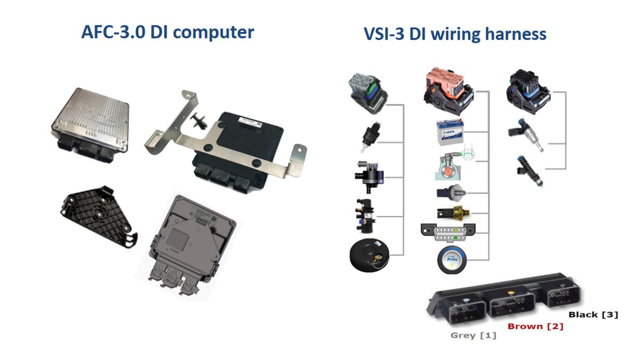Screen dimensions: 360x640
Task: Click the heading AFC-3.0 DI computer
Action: pyautogui.click(x=167, y=32)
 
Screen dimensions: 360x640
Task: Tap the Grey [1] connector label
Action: pyautogui.click(x=473, y=335)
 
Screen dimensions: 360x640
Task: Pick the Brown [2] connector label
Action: pyautogui.click(x=535, y=326)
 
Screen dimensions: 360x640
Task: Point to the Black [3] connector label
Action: pyautogui.click(x=593, y=315)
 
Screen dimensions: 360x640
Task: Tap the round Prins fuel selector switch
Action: pyautogui.click(x=449, y=260)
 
